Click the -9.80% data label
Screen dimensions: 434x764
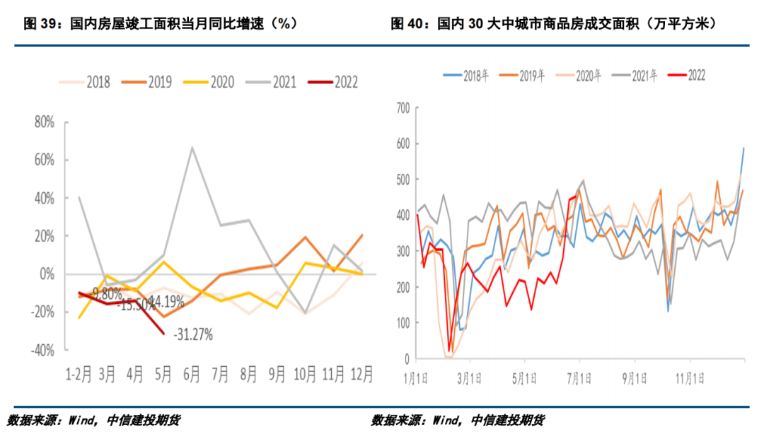[108, 291]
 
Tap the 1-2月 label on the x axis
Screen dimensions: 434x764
[77, 375]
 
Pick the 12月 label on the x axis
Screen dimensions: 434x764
[361, 375]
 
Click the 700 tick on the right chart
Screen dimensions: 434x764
[404, 107]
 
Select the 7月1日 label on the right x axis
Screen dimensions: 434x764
[579, 377]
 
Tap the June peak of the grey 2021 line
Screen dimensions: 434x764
[192, 148]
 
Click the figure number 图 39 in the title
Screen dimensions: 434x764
[40, 23]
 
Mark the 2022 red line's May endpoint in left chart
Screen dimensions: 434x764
[164, 333]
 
